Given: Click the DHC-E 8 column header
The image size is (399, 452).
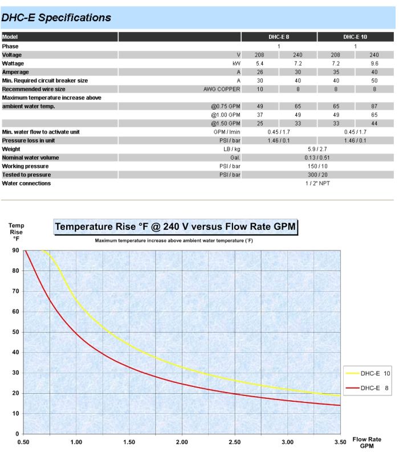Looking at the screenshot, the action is coord(279,37).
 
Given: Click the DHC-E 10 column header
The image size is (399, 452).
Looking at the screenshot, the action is coord(355,37).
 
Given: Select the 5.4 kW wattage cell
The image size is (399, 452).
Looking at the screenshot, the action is coord(260,63).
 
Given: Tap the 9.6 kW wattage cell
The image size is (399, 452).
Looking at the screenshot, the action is coord(374,63).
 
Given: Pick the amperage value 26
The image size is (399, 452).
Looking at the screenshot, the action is coord(260,72).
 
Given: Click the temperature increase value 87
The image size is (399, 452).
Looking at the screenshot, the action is coord(374,106).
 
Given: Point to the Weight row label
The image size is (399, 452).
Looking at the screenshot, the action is coord(11,149).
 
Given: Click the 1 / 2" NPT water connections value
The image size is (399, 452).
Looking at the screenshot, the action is coord(317,183).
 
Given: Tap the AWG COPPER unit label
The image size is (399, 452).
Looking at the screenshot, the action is coord(222,89).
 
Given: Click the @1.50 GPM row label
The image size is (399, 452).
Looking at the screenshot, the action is coord(226,123).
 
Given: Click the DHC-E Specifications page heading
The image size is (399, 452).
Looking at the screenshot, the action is coord(56,18).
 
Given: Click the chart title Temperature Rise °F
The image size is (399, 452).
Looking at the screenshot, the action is coord(176,227).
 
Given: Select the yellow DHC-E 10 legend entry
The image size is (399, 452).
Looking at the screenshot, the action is coord(368,373).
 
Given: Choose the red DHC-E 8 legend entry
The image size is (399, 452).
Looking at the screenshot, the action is coord(367,388).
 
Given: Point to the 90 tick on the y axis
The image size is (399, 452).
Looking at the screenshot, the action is coord(15,250).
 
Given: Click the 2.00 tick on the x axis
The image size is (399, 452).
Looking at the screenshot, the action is coord(182,442).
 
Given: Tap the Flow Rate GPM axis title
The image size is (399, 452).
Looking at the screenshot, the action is coord(367,442).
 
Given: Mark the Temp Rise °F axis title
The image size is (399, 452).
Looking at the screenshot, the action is coord(16,232).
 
